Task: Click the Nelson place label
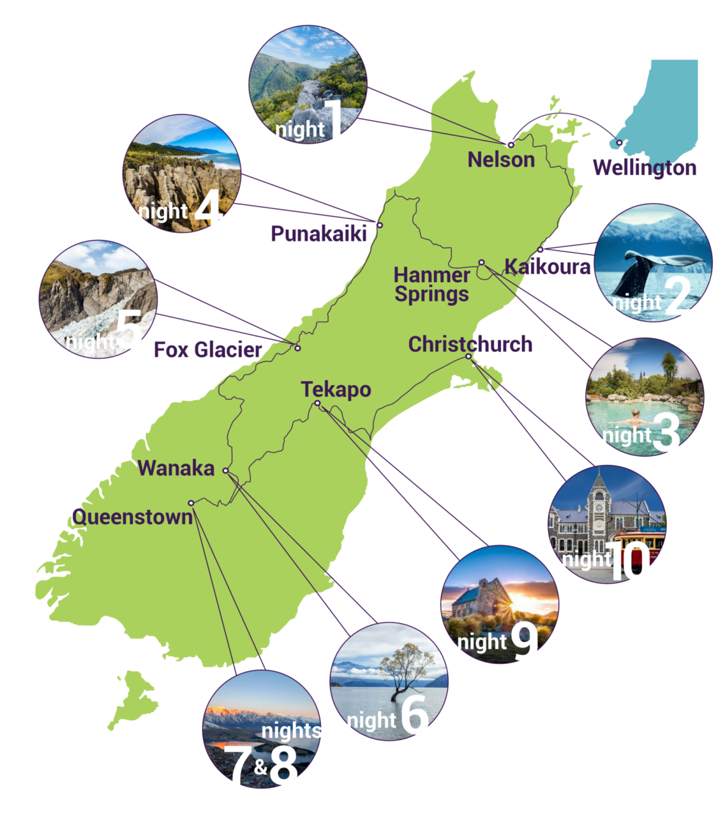coord(501,159)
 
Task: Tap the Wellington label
coord(644,168)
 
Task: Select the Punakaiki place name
coord(318,234)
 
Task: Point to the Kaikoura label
coord(548,266)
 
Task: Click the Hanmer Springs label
coord(431,285)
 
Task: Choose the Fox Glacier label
coord(208,350)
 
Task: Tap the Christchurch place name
coord(470,344)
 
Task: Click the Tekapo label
coord(336,389)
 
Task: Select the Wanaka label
coord(176,468)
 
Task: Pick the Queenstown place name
coord(133,517)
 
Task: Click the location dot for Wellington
coord(619,142)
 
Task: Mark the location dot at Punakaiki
coord(380,225)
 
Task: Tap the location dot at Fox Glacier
coord(297,348)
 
